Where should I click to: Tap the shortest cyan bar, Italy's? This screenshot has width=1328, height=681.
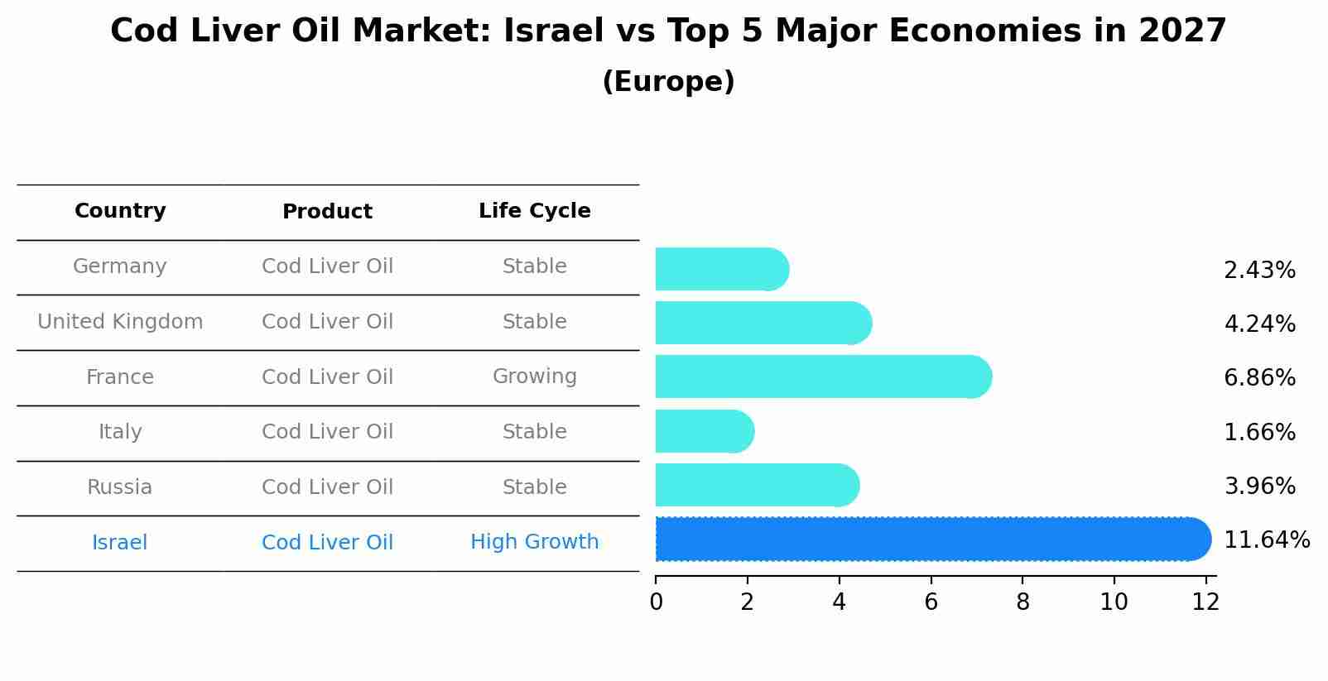tap(704, 431)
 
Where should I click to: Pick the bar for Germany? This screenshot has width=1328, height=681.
tap(721, 269)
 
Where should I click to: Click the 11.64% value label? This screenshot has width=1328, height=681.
tap(1266, 540)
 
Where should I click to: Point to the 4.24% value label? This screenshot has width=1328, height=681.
tap(1259, 324)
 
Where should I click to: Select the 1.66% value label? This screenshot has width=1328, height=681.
tap(1259, 432)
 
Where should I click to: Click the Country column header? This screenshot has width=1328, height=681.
tap(120, 211)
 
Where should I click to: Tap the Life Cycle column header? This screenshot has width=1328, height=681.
tap(534, 211)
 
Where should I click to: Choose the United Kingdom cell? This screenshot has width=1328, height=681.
tap(120, 322)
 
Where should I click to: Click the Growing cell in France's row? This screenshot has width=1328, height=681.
tap(534, 376)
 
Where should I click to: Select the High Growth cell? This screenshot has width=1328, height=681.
tap(534, 542)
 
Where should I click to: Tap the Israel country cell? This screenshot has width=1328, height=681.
tap(120, 543)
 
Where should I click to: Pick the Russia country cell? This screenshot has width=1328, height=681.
tap(120, 487)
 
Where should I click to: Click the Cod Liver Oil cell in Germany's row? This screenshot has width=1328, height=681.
tap(327, 266)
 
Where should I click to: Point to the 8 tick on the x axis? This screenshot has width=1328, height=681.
tap(1022, 602)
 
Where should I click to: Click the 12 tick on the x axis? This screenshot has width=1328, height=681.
tap(1205, 602)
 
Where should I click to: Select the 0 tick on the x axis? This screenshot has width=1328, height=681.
tap(656, 602)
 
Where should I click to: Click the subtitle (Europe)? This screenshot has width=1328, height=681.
tap(668, 82)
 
